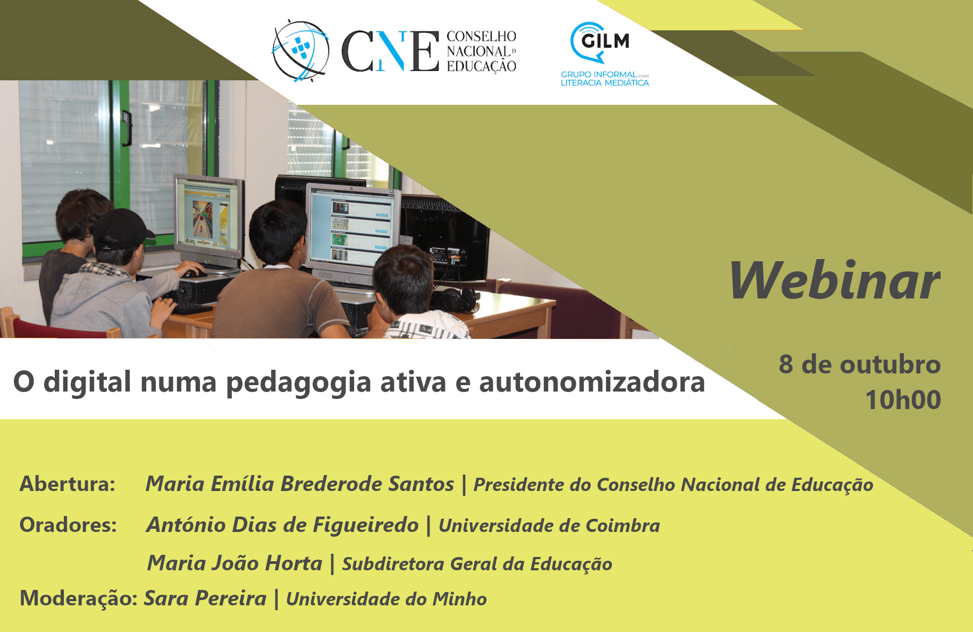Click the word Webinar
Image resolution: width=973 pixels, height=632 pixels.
[835, 280]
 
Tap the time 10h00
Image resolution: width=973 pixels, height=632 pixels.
[903, 400]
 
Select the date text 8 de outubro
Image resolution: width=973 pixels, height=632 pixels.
[860, 364]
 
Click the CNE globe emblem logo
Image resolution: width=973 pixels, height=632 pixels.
[300, 51]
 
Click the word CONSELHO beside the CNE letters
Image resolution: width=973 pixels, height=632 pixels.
[481, 36]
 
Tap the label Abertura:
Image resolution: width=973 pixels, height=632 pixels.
[68, 484]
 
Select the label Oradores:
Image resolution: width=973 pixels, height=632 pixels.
[68, 525]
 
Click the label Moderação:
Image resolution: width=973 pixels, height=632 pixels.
[79, 598]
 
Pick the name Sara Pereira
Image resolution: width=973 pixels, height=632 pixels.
[205, 598]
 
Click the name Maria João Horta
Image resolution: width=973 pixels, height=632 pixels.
[234, 563]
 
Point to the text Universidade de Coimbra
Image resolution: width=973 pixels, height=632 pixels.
[549, 526]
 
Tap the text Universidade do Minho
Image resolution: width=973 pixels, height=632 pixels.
[387, 599]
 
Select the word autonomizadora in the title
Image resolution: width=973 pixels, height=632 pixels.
[592, 382]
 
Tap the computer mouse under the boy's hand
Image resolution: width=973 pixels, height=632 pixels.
[194, 274]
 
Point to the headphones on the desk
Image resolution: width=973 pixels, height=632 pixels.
[456, 299]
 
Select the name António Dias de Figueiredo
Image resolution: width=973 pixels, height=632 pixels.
[283, 525]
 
